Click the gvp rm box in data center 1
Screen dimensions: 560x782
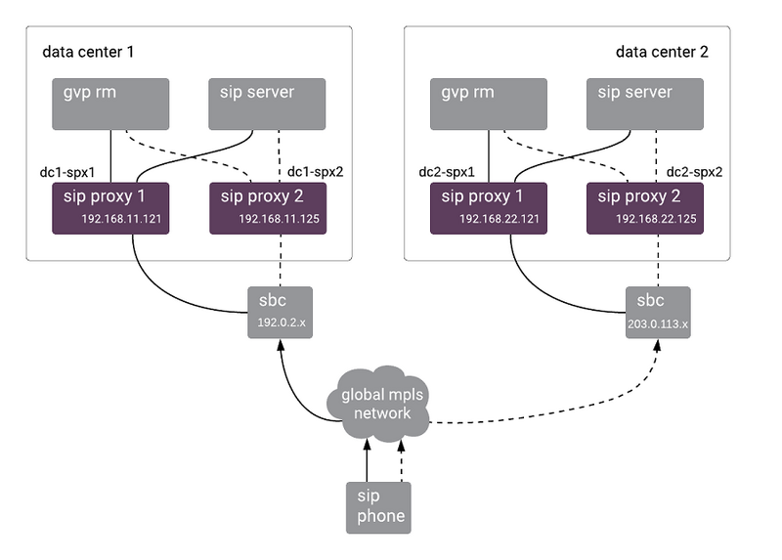110,104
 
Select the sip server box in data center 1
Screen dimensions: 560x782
267,104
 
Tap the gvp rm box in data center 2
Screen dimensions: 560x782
489,104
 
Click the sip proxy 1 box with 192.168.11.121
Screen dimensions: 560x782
111,207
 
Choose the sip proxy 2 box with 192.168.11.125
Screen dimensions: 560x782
267,207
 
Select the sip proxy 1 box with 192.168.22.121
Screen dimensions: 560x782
489,207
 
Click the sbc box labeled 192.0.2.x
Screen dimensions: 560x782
280,312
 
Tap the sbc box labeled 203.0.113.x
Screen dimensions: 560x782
657,312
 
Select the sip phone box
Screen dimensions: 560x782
378,506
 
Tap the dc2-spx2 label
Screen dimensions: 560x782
693,172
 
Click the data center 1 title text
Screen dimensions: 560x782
89,51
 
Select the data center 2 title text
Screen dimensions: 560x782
662,51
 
